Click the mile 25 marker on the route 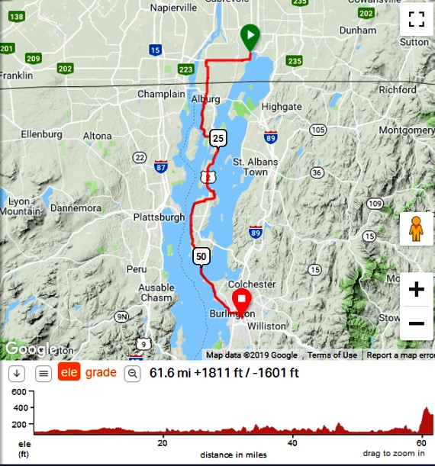(218, 138)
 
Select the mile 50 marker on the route (201, 256)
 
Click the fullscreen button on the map (416, 19)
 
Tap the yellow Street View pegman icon (416, 229)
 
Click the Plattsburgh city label (159, 217)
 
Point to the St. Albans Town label (255, 167)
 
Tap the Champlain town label (161, 95)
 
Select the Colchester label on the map (251, 284)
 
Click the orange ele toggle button (69, 373)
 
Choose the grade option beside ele (101, 373)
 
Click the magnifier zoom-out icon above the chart (133, 374)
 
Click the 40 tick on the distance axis (293, 442)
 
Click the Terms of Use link (332, 355)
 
